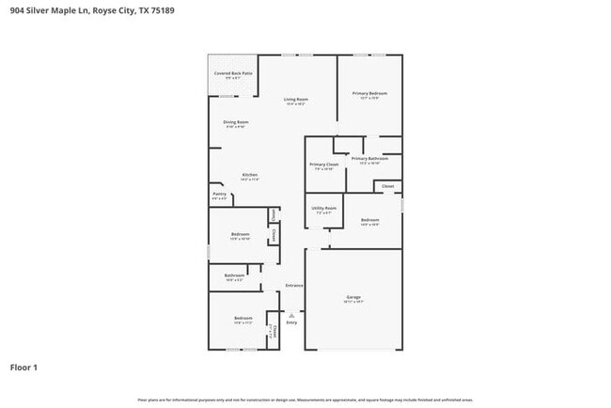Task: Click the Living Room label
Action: (x=296, y=99)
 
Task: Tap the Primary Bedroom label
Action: (x=369, y=93)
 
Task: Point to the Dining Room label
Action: (x=235, y=122)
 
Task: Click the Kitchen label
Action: (x=249, y=175)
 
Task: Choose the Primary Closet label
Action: (x=322, y=165)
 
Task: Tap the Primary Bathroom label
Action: (x=369, y=159)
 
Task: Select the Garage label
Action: (x=353, y=297)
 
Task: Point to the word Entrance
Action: (x=294, y=285)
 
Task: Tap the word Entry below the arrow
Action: (x=291, y=322)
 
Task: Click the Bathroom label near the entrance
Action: (x=234, y=275)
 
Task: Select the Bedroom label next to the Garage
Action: (x=369, y=220)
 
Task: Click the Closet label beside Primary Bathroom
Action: (x=387, y=186)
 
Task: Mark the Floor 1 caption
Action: (x=23, y=367)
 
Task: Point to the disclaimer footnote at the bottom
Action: (x=305, y=399)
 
